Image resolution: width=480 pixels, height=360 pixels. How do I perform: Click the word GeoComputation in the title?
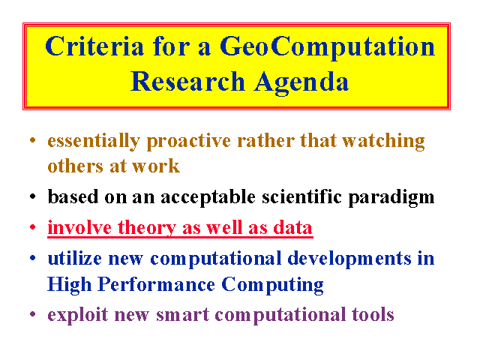[327, 46]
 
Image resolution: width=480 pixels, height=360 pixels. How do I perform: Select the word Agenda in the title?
[301, 82]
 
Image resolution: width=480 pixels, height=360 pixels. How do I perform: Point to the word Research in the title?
[187, 81]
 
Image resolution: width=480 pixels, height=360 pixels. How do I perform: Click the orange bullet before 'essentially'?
[33, 140]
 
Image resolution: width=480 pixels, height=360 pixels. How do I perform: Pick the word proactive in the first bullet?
[188, 142]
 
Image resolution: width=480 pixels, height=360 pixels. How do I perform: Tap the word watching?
[383, 142]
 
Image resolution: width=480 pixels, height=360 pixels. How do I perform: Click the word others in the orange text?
[75, 166]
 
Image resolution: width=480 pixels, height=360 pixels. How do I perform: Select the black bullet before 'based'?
[33, 196]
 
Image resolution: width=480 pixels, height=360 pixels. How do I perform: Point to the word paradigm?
[391, 197]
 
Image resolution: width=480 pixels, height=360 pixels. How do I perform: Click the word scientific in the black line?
[301, 196]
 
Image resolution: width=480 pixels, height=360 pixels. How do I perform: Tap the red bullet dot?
[33, 227]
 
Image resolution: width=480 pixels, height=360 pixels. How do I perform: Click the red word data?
[292, 227]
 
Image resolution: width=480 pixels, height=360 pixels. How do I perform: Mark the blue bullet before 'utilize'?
[33, 258]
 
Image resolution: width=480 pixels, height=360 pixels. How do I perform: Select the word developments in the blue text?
[349, 259]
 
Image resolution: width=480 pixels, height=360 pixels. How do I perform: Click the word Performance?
[157, 284]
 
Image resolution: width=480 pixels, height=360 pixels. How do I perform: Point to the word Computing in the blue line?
[272, 285]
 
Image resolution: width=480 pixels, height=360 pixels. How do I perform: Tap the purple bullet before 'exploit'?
[33, 314]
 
